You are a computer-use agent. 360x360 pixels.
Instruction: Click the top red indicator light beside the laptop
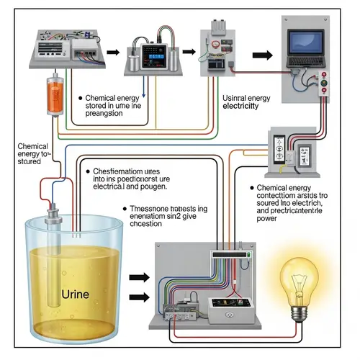click(x=325, y=76)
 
